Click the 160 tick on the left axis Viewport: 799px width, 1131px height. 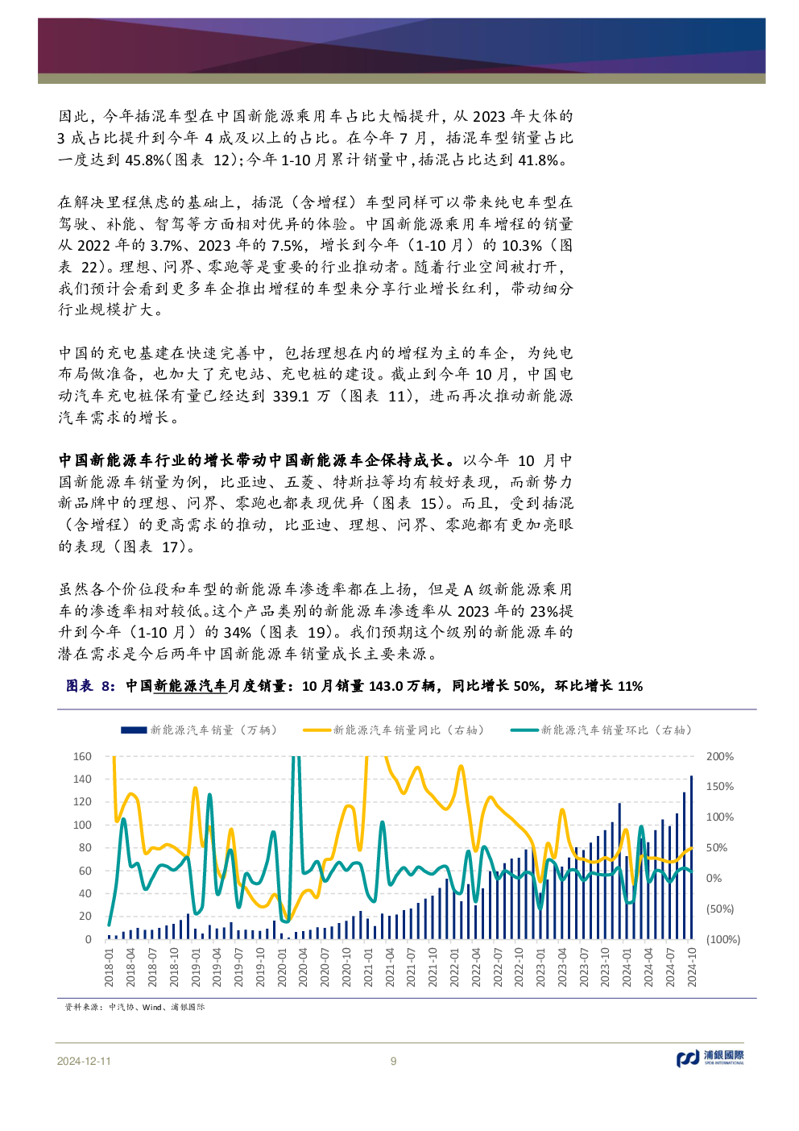82,756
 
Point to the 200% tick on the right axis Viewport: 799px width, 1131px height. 719,756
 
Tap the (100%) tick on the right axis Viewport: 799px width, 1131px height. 722,939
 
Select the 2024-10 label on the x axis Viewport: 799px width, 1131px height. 691,967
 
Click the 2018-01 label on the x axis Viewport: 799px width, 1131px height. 110,967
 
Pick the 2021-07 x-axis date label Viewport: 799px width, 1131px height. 411,967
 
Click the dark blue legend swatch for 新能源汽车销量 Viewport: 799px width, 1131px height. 134,730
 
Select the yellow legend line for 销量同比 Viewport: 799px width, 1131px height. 317,730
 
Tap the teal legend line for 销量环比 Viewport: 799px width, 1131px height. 524,730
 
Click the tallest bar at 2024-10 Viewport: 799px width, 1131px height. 691,857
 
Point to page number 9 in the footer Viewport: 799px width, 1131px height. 393,1061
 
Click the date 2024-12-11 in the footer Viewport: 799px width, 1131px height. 84,1061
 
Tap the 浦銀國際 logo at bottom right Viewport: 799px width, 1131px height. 710,1057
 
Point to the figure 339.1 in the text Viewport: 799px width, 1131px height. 292,396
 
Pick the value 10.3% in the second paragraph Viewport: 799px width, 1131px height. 521,245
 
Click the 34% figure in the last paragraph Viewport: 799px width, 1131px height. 238,632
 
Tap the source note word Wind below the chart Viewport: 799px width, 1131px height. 151,1007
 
